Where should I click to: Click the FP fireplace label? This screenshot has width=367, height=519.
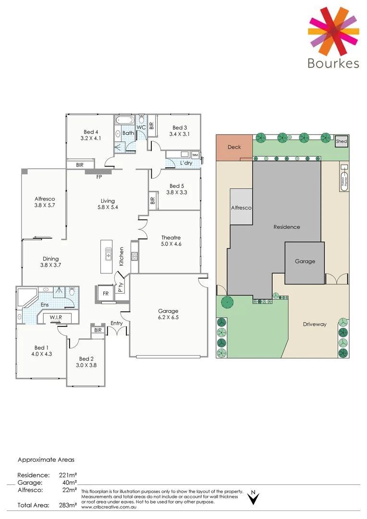pyautogui.click(x=99, y=177)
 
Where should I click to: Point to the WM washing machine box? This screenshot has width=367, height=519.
pyautogui.click(x=195, y=155)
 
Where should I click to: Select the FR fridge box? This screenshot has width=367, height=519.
pyautogui.click(x=105, y=293)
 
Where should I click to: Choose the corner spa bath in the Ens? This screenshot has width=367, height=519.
pyautogui.click(x=26, y=297)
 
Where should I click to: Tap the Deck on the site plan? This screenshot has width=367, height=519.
pyautogui.click(x=234, y=147)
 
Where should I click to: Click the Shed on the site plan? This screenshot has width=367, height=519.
pyautogui.click(x=341, y=141)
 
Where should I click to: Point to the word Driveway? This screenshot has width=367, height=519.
pyautogui.click(x=315, y=324)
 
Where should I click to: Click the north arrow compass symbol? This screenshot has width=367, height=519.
pyautogui.click(x=253, y=498)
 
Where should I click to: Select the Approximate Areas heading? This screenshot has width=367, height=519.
pyautogui.click(x=46, y=460)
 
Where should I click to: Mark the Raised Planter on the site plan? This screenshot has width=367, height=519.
pyautogui.click(x=344, y=178)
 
